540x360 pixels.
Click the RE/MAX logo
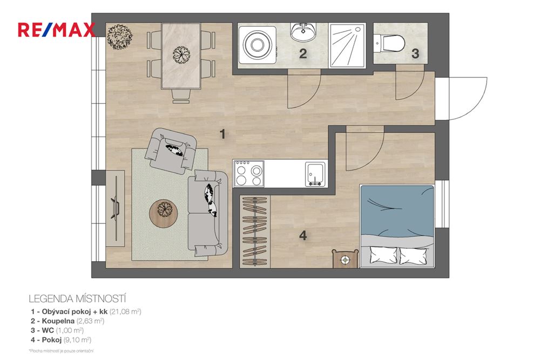[57, 30]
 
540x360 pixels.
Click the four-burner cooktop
[249, 173]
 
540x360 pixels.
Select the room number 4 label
[303, 235]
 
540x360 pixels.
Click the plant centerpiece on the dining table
[180, 54]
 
